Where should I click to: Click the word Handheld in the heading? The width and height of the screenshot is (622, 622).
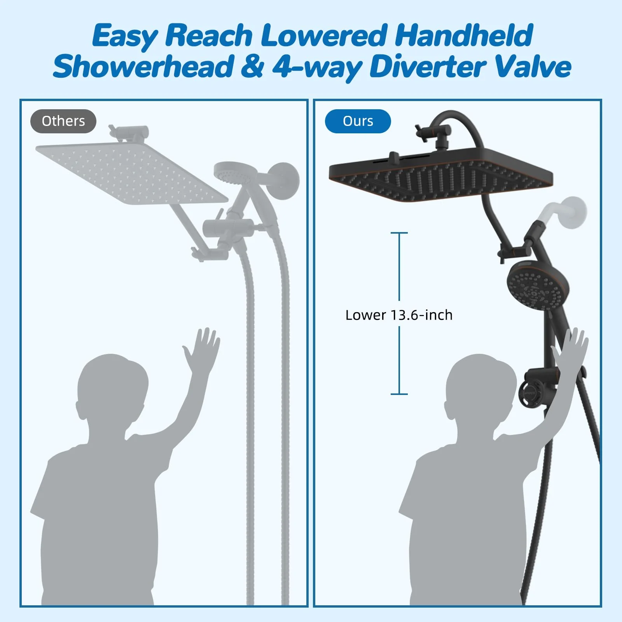(464, 35)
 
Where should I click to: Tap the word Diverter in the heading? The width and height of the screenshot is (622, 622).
(427, 67)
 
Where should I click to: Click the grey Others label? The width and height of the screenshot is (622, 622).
(63, 121)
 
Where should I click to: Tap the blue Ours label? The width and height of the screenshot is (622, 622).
(358, 121)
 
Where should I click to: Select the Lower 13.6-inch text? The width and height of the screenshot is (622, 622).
(399, 315)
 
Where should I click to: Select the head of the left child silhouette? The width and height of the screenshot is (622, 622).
(113, 389)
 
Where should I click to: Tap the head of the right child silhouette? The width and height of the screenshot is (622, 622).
(481, 389)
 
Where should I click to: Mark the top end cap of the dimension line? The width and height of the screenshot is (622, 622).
(399, 233)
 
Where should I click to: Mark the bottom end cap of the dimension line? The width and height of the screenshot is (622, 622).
(399, 394)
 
